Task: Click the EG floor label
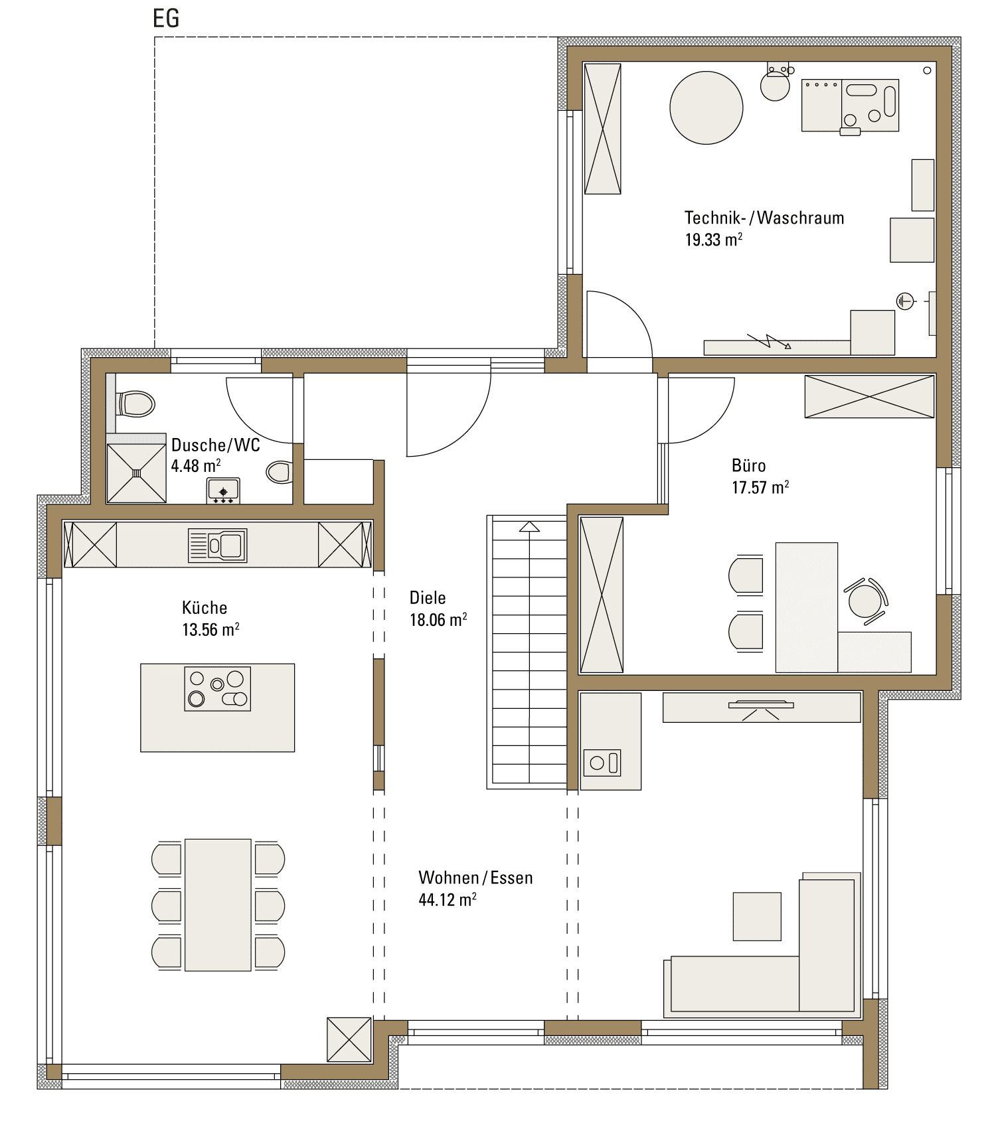pos(166,18)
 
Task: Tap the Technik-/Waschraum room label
pos(764,218)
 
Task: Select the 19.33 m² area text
pos(714,240)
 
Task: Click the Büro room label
pos(749,465)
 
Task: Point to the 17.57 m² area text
pos(760,487)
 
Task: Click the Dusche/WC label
pos(216,445)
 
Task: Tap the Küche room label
pos(205,607)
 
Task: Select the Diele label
pos(428,597)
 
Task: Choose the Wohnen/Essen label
pos(475,877)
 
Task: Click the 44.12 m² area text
pos(448,899)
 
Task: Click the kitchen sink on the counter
pos(218,546)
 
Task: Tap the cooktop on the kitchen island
pos(218,689)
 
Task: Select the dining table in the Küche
pos(218,905)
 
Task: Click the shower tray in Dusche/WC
pos(137,473)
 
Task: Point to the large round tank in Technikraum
pos(706,108)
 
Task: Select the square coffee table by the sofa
pos(757,917)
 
